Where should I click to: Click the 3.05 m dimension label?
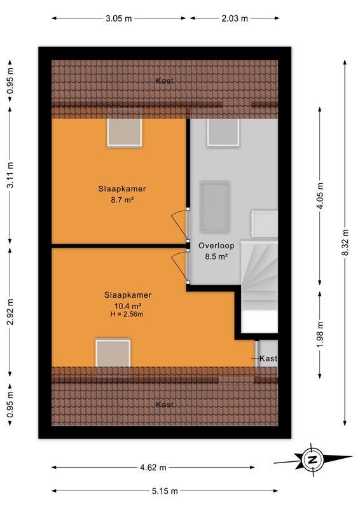(118, 18)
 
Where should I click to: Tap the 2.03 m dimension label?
(235, 18)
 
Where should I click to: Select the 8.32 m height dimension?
(345, 242)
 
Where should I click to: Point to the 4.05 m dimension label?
(320, 196)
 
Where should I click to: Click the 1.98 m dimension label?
(320, 335)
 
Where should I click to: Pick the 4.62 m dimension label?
(153, 468)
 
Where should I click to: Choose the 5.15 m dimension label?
(165, 491)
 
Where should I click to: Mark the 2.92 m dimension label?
(10, 312)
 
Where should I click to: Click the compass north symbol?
(312, 459)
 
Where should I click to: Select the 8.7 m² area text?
(122, 200)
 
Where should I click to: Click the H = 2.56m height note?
(127, 314)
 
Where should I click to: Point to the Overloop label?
(216, 246)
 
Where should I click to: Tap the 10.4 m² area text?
(128, 306)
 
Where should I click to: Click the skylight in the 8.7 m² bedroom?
(125, 133)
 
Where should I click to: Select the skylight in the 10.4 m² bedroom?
(113, 353)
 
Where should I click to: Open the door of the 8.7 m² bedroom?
(181, 225)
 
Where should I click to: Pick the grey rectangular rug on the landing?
(215, 207)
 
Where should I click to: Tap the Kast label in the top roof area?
(165, 81)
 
